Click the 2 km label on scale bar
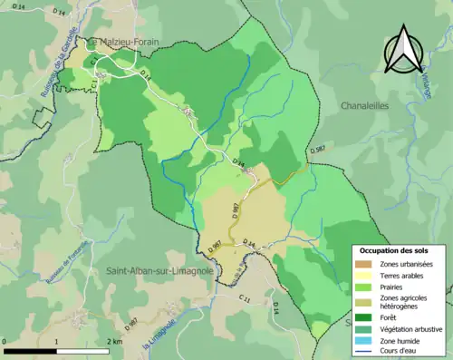tap(115, 342)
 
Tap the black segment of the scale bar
tap(31, 351)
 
